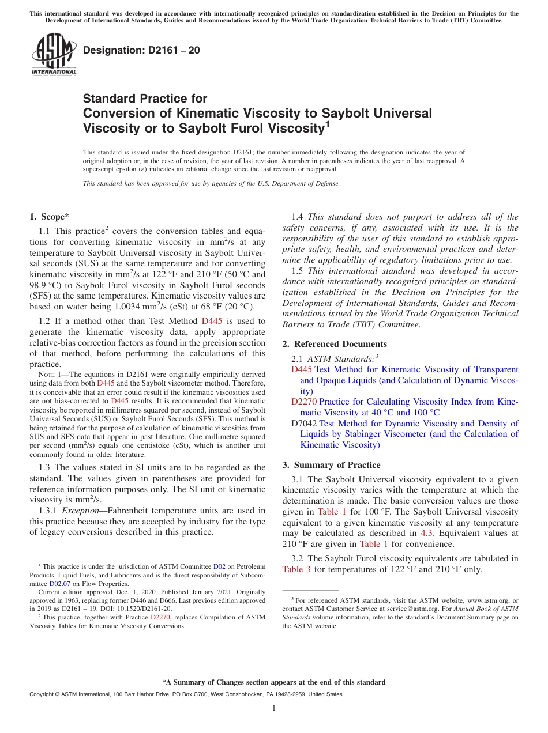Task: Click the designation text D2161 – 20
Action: [141, 51]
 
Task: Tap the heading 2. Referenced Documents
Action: [334, 344]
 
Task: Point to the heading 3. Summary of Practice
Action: [331, 464]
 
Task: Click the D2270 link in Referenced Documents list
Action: [303, 402]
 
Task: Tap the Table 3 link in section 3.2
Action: [297, 569]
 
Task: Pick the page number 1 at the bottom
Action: [274, 708]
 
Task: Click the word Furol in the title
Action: [259, 127]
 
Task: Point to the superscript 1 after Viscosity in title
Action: [327, 123]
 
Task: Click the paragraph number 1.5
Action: [298, 270]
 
